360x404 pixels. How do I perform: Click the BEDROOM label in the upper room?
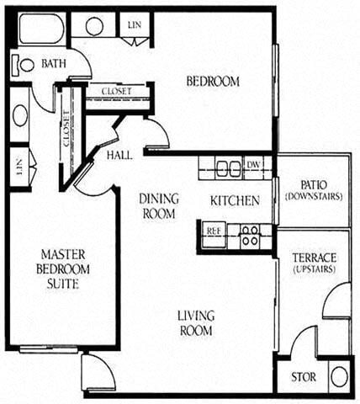(212, 82)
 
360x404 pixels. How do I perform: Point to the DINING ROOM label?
(158, 206)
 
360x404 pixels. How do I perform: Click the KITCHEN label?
(234, 200)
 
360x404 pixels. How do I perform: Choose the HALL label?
(119, 156)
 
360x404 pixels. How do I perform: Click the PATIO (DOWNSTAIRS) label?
(312, 190)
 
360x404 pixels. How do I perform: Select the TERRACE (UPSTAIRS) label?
(314, 263)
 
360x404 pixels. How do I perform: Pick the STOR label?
(303, 377)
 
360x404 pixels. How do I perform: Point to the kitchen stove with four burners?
(249, 235)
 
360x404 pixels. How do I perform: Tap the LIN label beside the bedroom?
(135, 26)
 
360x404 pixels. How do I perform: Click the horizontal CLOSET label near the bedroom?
(115, 91)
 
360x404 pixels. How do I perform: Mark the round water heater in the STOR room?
(339, 376)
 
